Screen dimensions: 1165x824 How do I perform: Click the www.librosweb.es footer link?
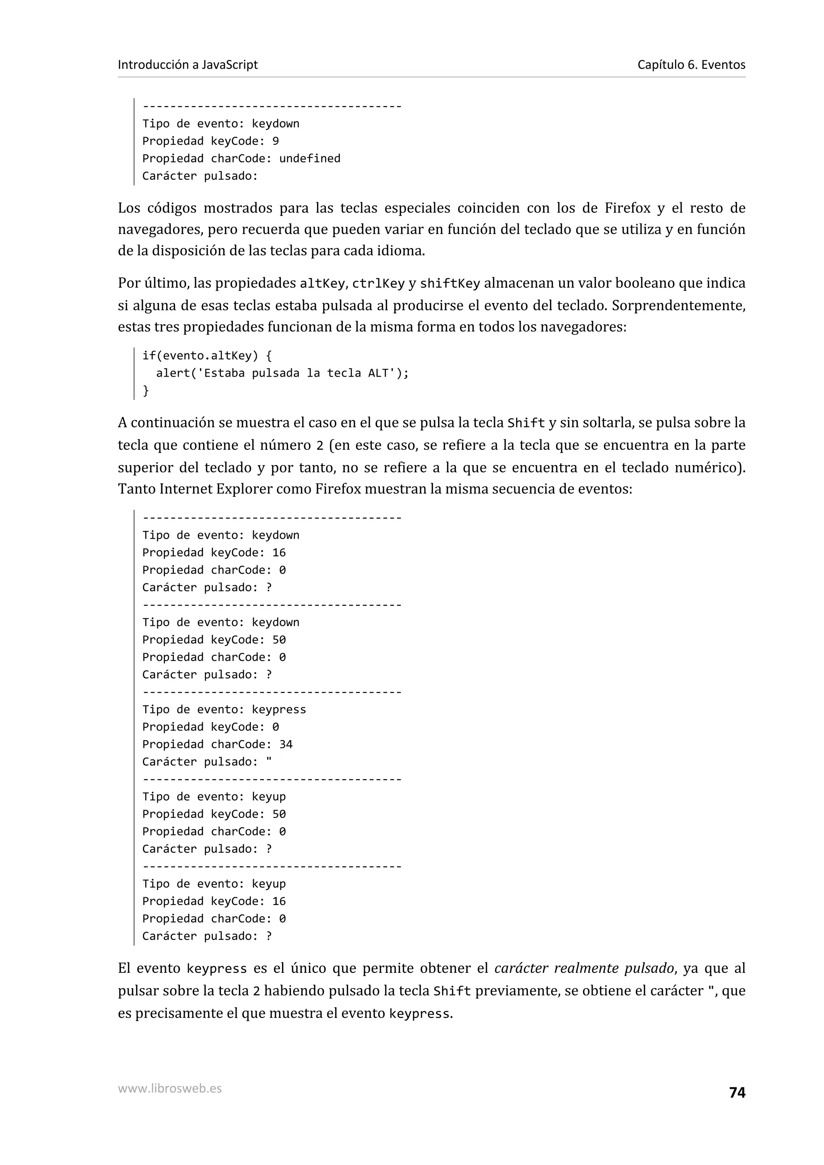[x=169, y=1088]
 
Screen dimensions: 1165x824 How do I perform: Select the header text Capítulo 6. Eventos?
[x=691, y=64]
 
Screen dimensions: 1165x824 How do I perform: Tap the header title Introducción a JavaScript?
[x=187, y=64]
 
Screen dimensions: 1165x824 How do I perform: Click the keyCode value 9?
[x=275, y=141]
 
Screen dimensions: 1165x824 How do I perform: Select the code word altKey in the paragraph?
[x=322, y=283]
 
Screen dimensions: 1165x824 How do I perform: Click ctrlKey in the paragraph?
[x=378, y=283]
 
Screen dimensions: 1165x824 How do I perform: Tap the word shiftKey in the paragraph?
[x=449, y=283]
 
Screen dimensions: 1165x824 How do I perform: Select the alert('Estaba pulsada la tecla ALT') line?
[x=282, y=373]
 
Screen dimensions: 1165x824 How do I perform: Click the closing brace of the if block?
[x=146, y=390]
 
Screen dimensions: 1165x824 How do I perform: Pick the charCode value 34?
[x=286, y=745]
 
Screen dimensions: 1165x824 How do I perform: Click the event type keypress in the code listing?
[x=279, y=710]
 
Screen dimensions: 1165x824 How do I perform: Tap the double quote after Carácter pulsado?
[x=269, y=761]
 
